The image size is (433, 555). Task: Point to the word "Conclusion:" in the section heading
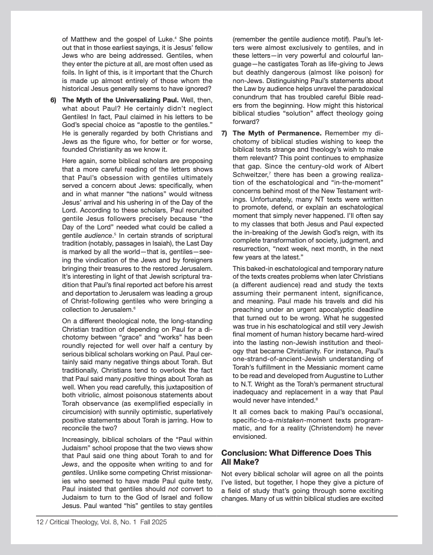click(x=244, y=453)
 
